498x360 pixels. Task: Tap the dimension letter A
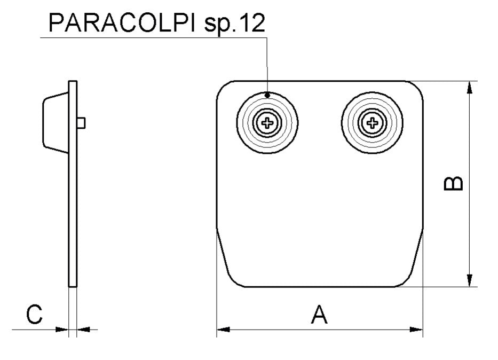319,315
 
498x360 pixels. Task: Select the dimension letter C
34,315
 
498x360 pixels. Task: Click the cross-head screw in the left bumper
267,124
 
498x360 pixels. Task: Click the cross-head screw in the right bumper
372,124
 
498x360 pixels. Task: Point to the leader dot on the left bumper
267,95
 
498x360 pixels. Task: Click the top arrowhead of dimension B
469,88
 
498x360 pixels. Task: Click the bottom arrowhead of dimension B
469,280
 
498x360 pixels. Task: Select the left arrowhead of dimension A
223,330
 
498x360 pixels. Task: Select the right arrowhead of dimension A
416,330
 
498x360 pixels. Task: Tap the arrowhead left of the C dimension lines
62,330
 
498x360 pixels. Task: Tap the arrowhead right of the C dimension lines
84,330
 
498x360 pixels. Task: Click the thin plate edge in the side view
73,214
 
